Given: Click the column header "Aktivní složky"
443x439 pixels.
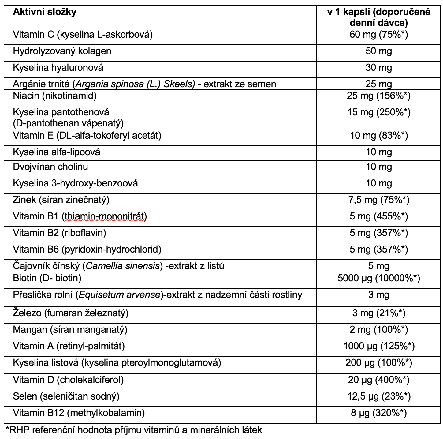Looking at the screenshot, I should coord(44,12).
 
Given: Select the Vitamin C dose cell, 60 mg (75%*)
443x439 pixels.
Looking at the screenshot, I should coord(378,34).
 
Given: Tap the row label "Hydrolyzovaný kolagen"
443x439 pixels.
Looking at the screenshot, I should coord(62,51).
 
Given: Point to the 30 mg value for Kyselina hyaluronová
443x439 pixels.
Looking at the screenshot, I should coord(378,67).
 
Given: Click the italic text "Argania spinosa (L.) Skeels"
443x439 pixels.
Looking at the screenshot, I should coord(135,84).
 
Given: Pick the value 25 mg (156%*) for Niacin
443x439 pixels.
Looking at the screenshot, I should coord(378,96).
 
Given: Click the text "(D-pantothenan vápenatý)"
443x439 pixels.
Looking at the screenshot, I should coord(68,123).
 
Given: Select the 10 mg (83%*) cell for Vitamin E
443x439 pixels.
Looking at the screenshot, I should coord(378,135).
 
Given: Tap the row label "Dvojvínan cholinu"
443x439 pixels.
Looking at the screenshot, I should coord(50,167).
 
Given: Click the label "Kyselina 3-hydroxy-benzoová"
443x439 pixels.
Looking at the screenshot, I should coord(75,183).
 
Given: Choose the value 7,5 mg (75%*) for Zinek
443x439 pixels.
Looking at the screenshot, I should coord(378,200).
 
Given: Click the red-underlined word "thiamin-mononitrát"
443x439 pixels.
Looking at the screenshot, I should coord(104,216).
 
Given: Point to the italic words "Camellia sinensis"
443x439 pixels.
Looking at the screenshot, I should coord(123,266).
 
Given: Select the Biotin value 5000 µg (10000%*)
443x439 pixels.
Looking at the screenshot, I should coord(378,278).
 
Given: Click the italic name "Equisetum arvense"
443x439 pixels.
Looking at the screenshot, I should coord(120,295).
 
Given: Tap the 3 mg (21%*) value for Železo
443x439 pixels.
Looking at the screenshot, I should coord(378,313).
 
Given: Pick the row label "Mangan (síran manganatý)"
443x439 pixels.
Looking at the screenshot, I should coord(70,330).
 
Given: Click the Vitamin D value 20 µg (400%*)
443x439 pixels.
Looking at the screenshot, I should coord(378,380).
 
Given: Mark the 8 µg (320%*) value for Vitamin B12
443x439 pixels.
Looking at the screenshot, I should coord(378,413).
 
